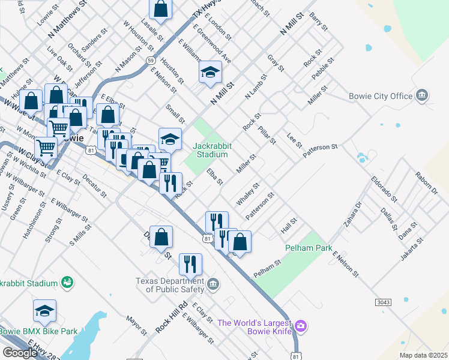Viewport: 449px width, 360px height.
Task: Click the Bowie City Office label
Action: pos(381,96)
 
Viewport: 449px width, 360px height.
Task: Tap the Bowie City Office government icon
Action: pos(422,95)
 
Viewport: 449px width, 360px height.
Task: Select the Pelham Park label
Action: pos(309,247)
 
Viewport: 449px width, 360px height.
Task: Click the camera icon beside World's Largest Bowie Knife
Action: pos(301,326)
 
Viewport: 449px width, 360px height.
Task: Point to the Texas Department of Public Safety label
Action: pos(170,284)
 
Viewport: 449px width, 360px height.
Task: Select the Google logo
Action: pos(20,352)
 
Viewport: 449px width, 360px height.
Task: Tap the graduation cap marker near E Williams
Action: pos(209,72)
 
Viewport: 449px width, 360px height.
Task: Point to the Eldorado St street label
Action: pos(384,187)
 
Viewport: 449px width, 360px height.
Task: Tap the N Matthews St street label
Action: pos(67,18)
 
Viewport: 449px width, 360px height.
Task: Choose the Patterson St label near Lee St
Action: pos(321,150)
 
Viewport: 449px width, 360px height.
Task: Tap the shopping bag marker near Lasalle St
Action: pos(160,8)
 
